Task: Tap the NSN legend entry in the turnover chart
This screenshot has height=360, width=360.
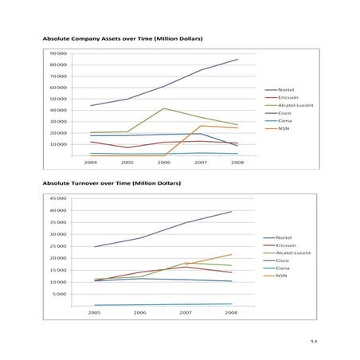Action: point(281,276)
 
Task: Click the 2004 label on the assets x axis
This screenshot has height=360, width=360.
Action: point(90,162)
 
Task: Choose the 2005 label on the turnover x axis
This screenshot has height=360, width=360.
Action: point(95,313)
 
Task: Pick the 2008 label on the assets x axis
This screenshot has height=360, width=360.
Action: point(237,162)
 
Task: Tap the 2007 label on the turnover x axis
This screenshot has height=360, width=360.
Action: point(186,313)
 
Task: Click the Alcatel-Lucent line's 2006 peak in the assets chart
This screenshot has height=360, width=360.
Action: point(164,108)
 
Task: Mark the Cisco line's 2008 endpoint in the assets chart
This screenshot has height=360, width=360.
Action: point(237,59)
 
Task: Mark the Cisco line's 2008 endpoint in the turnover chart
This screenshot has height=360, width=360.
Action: point(231,211)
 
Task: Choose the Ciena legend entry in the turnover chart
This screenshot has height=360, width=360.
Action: point(282,268)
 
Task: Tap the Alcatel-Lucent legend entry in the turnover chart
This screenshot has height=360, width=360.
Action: point(292,252)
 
